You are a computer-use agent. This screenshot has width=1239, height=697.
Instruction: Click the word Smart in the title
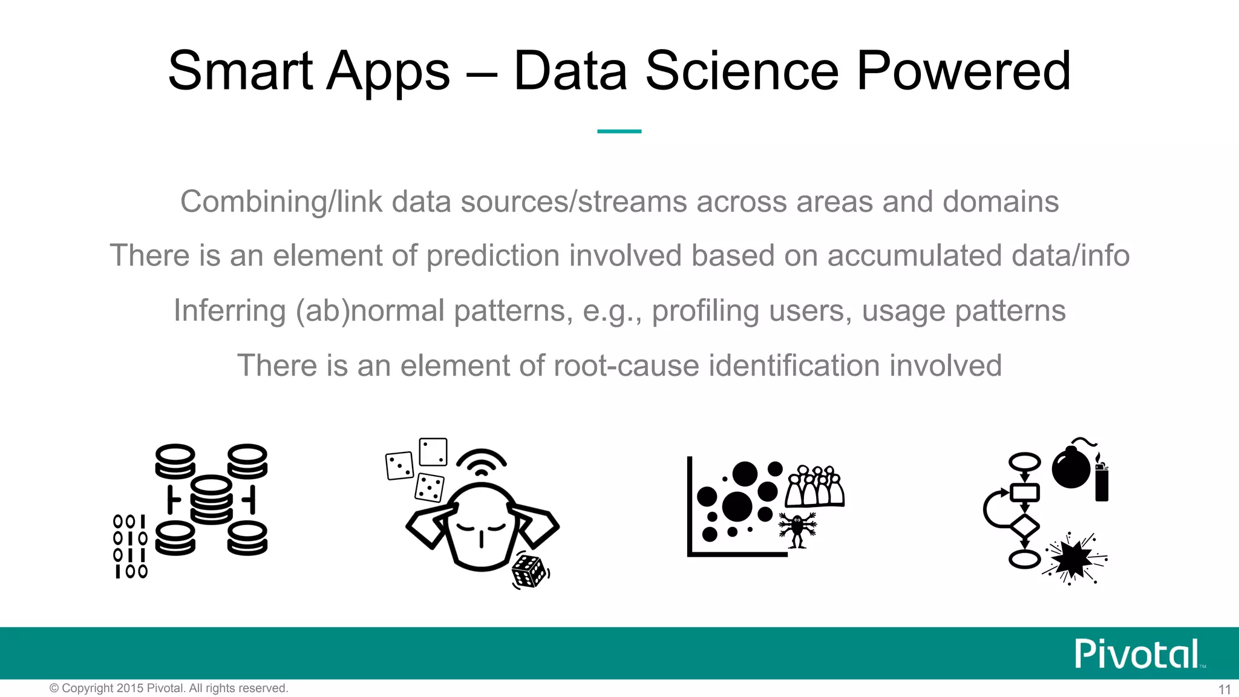coord(241,71)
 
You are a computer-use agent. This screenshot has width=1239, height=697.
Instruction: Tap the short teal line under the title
coord(619,131)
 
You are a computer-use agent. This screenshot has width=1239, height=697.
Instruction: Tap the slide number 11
coord(1224,689)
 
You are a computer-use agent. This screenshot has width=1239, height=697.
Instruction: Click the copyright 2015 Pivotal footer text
coord(169,689)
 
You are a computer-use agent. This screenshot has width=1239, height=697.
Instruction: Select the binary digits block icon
coord(130,546)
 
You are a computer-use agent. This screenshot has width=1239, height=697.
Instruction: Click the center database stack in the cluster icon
coord(211,499)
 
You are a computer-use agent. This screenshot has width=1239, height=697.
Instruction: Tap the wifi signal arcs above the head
coord(481,463)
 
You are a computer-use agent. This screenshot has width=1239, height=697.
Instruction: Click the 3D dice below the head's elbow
coord(529,570)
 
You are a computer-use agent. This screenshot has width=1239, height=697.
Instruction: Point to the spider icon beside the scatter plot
coord(797,528)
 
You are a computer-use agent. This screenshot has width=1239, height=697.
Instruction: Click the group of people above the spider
coord(814,486)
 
